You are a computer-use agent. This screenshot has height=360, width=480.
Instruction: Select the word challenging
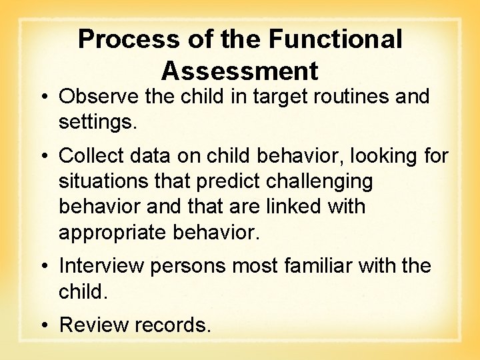[x=325, y=181]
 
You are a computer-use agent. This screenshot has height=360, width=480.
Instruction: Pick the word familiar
[x=321, y=266]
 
